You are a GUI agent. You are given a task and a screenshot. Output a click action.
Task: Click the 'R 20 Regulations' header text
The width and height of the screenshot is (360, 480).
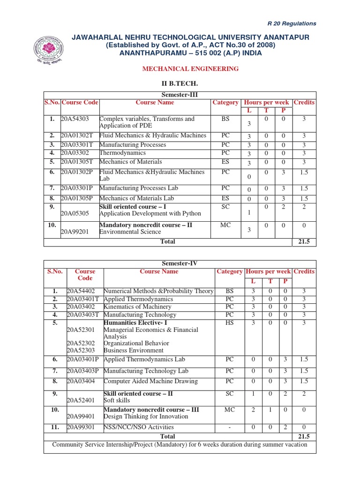(292, 23)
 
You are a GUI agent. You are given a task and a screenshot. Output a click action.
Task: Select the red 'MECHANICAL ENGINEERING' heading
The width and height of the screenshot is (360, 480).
(190, 69)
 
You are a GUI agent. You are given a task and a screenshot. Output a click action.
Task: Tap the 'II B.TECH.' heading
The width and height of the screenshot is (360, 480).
(180, 83)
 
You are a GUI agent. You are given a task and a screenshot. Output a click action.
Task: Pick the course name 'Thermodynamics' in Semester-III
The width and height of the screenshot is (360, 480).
(122, 153)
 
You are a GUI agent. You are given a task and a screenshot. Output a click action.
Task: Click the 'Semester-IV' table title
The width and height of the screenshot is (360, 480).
(180, 264)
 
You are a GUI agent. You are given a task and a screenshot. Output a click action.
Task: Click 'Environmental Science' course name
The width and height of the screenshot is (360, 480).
(130, 232)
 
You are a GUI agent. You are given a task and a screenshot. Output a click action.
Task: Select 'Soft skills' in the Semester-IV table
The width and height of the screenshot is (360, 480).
(117, 400)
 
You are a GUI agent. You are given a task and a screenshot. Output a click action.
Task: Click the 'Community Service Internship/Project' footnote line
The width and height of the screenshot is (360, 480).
(180, 444)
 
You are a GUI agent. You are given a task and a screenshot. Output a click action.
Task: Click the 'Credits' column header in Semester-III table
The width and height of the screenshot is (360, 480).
(304, 103)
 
